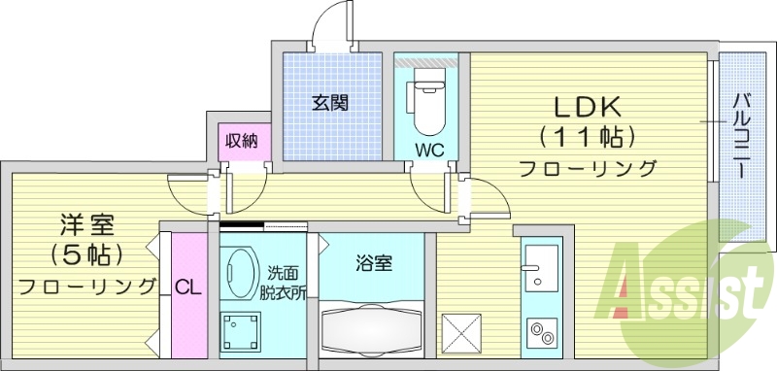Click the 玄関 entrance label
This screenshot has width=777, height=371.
click(330, 101)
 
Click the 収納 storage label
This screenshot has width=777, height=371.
click(241, 141)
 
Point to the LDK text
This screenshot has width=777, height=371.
click(588, 105)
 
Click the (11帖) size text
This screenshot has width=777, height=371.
click(588, 135)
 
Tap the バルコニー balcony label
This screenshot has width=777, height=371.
click(739, 137)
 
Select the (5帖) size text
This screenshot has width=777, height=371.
click(85, 255)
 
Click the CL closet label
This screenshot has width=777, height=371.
click(188, 287)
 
